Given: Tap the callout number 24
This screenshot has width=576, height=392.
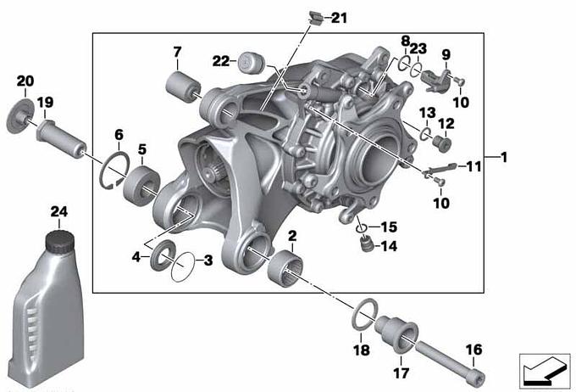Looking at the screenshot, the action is tap(59, 211).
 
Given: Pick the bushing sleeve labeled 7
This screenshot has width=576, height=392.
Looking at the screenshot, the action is tap(183, 87).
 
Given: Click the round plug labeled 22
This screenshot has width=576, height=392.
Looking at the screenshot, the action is tap(251, 63).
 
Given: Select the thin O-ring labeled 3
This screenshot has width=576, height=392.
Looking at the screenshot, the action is tap(183, 267).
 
